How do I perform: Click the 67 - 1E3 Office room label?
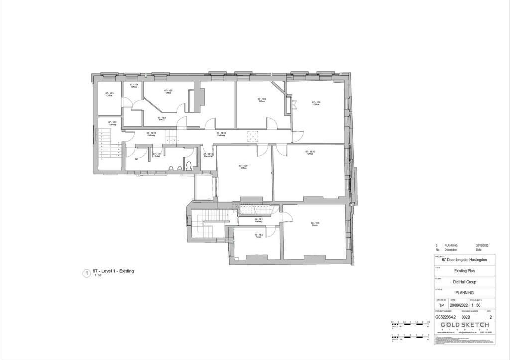109,94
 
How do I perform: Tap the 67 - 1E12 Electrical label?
208,155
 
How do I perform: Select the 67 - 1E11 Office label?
244,167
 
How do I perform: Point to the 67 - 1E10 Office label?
310,153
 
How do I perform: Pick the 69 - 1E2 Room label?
258,236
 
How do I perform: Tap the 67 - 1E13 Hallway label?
222,134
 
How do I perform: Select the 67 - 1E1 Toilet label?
157,155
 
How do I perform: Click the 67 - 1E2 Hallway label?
112,123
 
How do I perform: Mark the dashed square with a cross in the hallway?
254,136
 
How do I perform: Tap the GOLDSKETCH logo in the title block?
465,324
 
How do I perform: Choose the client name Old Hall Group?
464,282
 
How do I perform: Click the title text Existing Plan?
464,271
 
